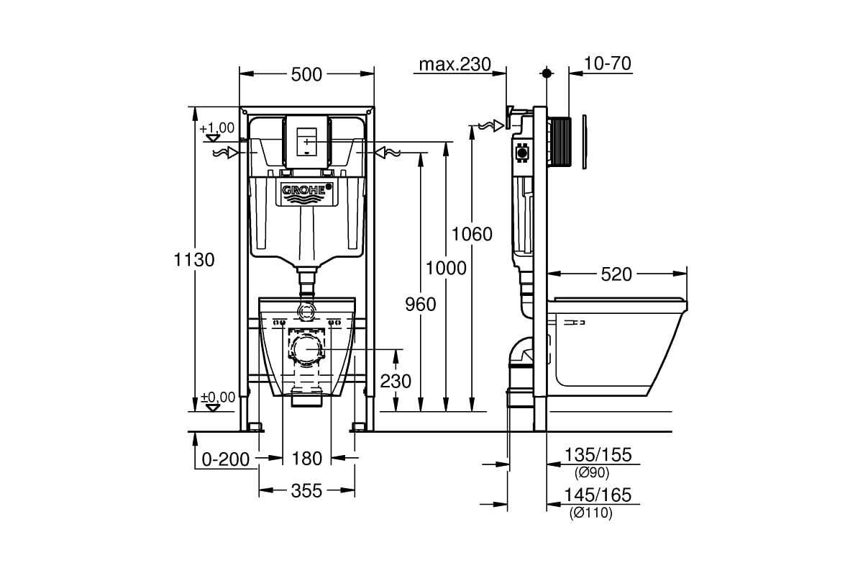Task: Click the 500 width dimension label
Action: pos(307,74)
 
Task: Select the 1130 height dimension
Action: pos(194,260)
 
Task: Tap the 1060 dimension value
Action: pos(472,234)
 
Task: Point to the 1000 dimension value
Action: pos(446,268)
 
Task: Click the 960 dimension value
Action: pos(420,305)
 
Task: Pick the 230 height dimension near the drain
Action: pos(396,380)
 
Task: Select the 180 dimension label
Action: pos(307,458)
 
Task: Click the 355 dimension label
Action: pos(307,491)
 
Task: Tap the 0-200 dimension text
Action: pos(225,458)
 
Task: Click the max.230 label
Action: pos(455,64)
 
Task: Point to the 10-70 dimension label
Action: pos(608,64)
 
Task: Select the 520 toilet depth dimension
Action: pos(616,274)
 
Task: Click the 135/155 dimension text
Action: pos(598,455)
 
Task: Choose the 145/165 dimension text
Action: pos(598,495)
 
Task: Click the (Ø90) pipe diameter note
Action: pos(592,473)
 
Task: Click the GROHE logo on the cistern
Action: pos(307,191)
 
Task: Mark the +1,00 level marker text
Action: pos(217,128)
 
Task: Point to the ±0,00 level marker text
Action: pos(217,397)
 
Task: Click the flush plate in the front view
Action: pos(307,141)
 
